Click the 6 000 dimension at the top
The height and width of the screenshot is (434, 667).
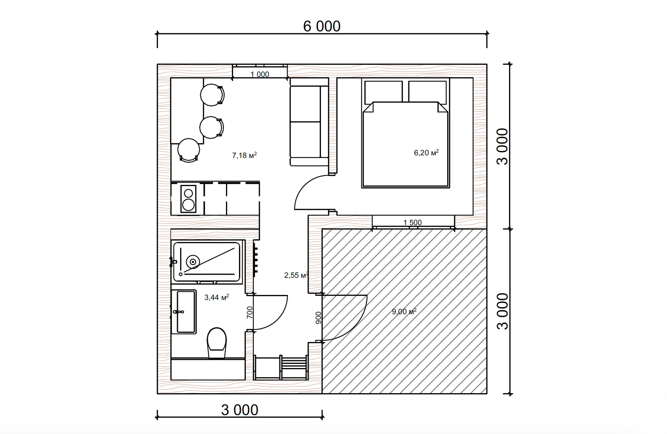(x=322, y=26)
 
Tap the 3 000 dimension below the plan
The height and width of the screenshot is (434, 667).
(x=240, y=410)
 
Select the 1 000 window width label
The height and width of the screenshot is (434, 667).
(x=260, y=74)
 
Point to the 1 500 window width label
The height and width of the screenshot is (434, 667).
(x=412, y=222)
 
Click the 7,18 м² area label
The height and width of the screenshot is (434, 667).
(x=245, y=155)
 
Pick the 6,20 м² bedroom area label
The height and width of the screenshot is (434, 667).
(x=426, y=152)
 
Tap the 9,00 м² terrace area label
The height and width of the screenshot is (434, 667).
(x=404, y=311)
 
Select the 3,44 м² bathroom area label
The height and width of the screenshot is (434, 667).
(x=216, y=297)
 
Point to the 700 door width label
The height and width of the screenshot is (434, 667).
(x=250, y=312)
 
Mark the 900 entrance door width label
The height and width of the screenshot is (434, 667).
(x=318, y=318)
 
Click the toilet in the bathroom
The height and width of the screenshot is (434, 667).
(x=217, y=343)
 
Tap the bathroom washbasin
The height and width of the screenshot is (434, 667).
(x=184, y=312)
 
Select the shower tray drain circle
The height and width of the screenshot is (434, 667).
(x=193, y=262)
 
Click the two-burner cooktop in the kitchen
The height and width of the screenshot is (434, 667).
(x=188, y=199)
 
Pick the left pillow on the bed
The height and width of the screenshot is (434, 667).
(x=384, y=92)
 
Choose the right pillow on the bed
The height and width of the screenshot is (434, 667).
(x=427, y=92)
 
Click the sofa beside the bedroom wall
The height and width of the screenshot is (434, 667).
(x=309, y=122)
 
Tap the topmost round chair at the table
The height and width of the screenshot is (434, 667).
(x=212, y=95)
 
